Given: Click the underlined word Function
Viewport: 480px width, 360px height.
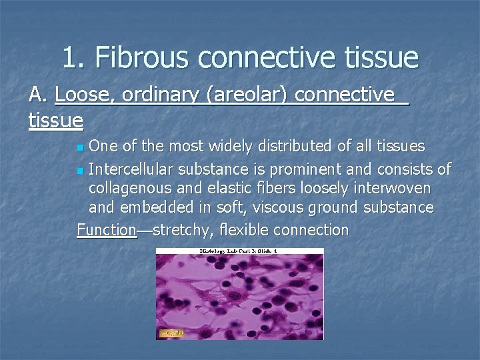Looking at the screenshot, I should pyautogui.click(x=107, y=230).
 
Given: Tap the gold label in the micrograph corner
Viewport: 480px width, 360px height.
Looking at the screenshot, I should pyautogui.click(x=171, y=331).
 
